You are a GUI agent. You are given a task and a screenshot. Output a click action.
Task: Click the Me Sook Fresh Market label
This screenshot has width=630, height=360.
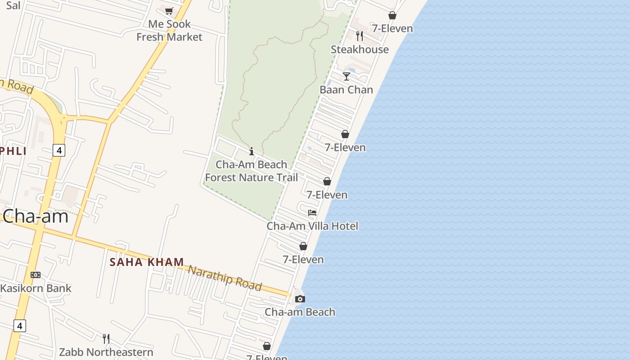pos(169,31)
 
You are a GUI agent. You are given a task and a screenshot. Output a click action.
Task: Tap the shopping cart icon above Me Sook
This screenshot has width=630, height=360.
pos(169,11)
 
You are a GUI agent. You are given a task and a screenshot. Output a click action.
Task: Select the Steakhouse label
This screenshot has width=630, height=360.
pos(360,49)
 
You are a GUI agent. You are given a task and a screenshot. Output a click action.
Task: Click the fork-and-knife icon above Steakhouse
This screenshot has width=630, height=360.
pos(360,36)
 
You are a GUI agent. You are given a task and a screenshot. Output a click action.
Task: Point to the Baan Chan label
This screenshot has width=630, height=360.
pos(346,90)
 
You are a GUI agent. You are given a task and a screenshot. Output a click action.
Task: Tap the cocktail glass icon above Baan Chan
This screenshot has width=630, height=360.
pos(346,76)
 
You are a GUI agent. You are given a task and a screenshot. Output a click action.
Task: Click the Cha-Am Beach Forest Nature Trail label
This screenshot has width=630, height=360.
pos(252,171)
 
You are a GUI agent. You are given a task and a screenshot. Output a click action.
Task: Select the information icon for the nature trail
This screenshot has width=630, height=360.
pos(252,151)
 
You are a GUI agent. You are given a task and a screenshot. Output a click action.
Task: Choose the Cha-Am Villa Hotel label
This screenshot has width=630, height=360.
pos(312,226)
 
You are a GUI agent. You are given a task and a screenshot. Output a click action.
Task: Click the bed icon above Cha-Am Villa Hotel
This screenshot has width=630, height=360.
pos(312,213)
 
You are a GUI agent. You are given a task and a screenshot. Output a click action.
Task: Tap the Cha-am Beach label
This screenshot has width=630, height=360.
pos(300,312)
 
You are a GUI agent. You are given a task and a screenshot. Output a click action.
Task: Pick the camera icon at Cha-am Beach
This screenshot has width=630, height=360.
pos(300,299)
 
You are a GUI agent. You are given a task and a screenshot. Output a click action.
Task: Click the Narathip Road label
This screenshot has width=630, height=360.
pos(225,278)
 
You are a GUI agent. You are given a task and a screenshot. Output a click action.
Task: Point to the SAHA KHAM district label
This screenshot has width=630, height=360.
pos(147,262)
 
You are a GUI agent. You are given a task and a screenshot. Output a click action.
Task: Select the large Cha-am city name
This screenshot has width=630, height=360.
pos(36,216)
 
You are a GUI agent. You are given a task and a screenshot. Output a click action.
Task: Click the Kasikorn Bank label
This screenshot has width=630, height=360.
pos(36,288)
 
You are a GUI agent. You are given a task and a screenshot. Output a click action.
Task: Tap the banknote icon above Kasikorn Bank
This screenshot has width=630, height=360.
pos(36,275)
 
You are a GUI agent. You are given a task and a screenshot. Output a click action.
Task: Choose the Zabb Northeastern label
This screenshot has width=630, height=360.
pos(106,352)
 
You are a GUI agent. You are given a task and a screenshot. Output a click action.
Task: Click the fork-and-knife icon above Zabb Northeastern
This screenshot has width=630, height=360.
pos(106,338)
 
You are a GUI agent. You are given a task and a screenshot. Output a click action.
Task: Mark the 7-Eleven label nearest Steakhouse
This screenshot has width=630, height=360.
pos(392,28)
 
